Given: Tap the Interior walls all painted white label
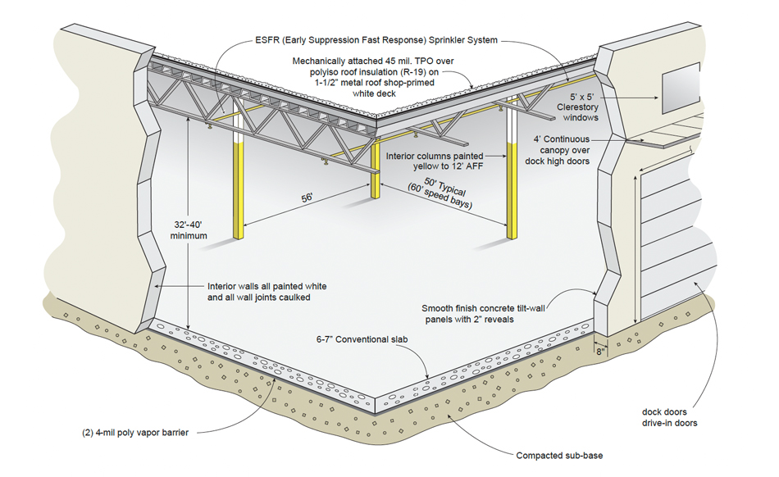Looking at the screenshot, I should (266, 293).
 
